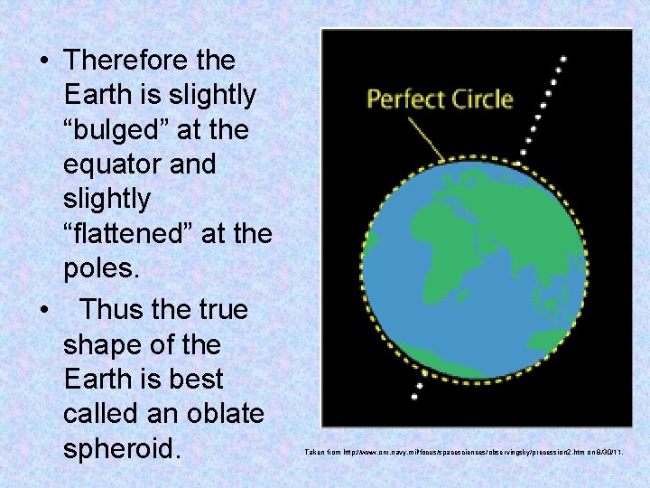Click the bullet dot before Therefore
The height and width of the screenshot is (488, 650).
[44, 61]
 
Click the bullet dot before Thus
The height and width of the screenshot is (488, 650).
[44, 311]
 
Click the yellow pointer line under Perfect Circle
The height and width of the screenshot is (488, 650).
[423, 139]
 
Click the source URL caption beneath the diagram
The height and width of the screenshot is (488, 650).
[463, 450]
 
